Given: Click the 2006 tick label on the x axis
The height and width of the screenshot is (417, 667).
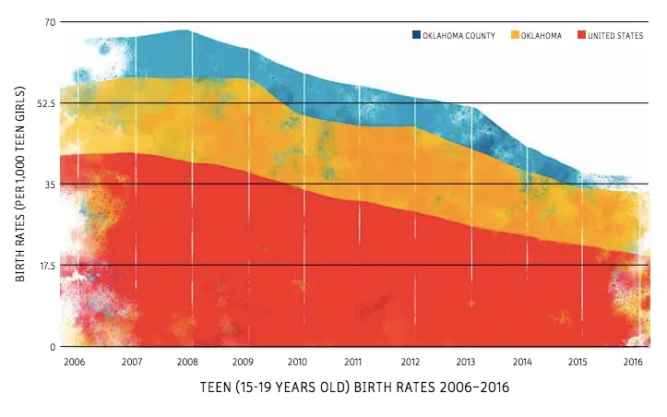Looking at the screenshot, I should (x=76, y=361).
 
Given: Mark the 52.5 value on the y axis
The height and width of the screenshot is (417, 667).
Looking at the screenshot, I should (x=43, y=102).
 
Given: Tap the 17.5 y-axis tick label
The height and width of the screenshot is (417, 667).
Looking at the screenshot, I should (x=43, y=266).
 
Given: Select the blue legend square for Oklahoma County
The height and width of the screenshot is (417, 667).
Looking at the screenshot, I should (x=416, y=35).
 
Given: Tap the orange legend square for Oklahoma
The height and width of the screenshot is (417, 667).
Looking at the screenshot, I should (x=514, y=35).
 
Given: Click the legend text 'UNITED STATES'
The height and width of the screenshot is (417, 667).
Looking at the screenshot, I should (x=615, y=35).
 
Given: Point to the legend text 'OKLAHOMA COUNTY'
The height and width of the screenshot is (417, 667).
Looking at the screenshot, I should (x=459, y=35).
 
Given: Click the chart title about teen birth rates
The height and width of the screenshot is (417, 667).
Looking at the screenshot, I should (x=353, y=388).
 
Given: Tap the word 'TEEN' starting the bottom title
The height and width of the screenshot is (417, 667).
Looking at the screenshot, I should (x=217, y=388).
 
